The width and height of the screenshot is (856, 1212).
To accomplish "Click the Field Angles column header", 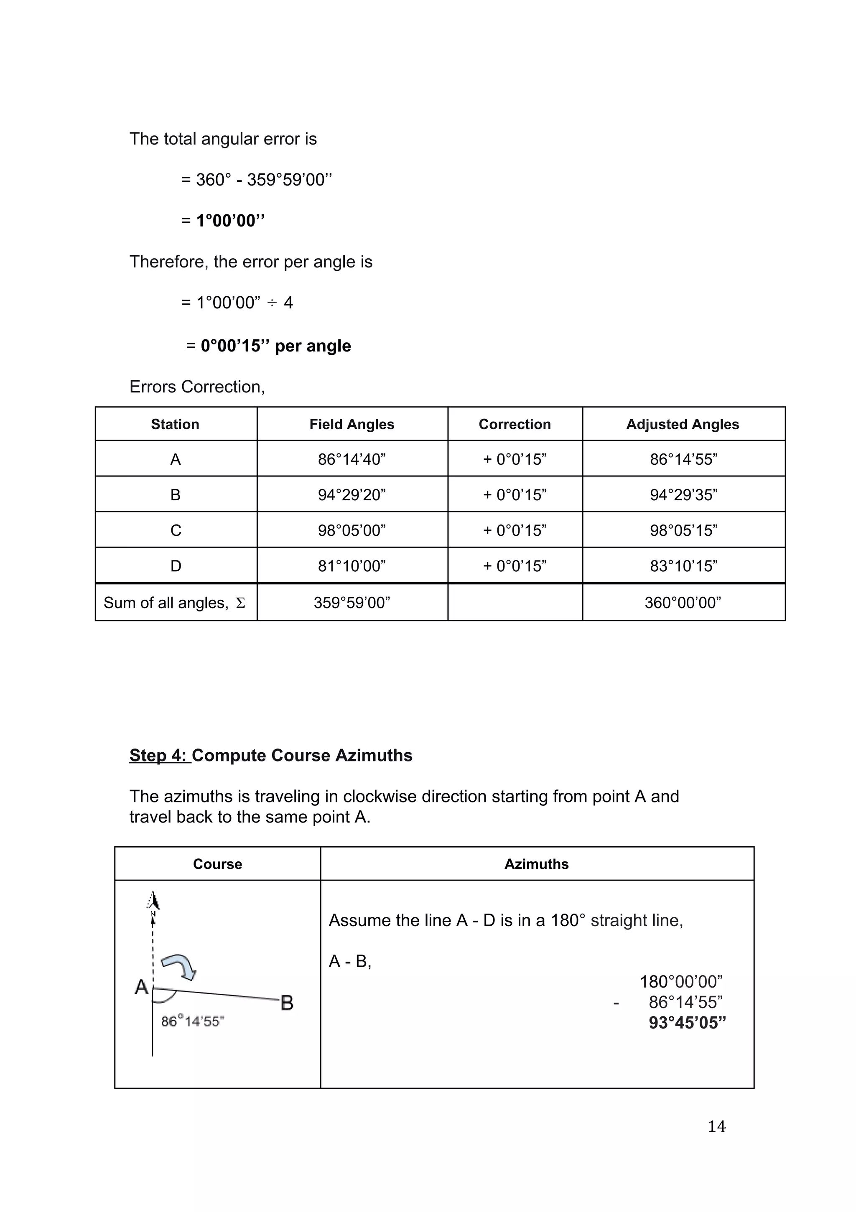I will point(352,425).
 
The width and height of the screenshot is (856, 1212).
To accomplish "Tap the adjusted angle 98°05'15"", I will point(683,530).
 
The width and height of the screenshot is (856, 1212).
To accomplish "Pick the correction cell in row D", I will point(515,566).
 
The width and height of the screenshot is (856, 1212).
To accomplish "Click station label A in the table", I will point(175,459).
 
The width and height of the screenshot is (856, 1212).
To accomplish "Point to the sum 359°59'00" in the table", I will point(352,602).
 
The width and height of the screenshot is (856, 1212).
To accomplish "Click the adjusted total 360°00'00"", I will point(683,602).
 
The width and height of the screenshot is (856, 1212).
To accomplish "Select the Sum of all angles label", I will point(174,602).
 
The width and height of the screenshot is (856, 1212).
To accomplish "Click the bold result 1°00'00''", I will point(230,221).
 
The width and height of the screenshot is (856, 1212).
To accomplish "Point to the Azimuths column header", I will point(537,864).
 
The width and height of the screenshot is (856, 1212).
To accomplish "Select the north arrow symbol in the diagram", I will point(153,901).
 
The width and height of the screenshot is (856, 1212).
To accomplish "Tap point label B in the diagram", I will point(287,1003).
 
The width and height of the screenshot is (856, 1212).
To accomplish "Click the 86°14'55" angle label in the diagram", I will point(192,1021).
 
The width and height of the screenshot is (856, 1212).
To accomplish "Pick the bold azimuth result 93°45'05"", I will point(687,1023).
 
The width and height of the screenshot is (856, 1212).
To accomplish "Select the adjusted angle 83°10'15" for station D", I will point(683,566).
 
